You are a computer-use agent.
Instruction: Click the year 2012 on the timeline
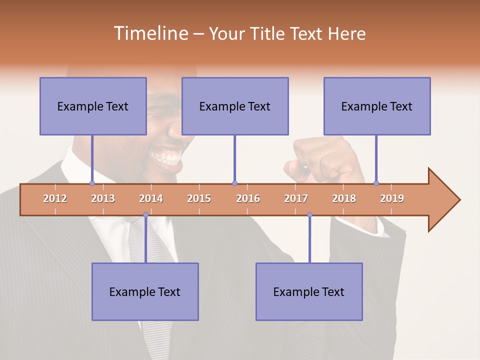click(x=55, y=198)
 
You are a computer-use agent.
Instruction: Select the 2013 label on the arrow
click(x=103, y=198)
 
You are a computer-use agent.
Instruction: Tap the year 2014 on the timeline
click(x=151, y=198)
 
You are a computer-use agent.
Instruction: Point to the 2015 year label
click(x=199, y=198)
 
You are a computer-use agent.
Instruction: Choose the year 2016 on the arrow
click(x=248, y=198)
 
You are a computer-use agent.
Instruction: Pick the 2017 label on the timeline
click(x=296, y=198)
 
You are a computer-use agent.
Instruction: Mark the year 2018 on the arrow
click(x=344, y=198)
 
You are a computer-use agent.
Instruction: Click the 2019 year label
click(x=392, y=198)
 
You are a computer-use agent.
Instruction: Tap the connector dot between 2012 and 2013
click(x=92, y=183)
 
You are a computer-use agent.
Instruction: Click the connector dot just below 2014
click(x=145, y=215)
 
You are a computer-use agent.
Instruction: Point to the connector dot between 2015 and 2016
click(x=234, y=183)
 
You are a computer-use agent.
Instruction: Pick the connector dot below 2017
click(x=309, y=215)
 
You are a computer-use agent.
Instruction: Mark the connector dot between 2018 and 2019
click(x=376, y=183)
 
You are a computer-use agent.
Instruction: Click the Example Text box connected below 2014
click(x=145, y=291)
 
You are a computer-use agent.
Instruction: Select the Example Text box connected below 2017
click(x=309, y=291)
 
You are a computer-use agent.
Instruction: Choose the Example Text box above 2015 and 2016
click(x=235, y=106)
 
